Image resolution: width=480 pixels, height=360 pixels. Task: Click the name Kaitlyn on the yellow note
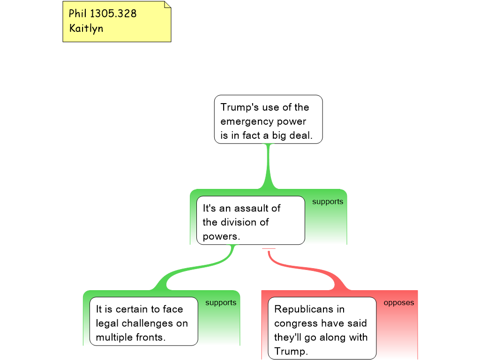pos(86,28)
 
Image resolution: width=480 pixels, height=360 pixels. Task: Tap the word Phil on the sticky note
pos(78,14)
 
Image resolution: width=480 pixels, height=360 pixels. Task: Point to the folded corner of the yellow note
pos(167,5)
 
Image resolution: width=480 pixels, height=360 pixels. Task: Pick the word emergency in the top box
pos(244,122)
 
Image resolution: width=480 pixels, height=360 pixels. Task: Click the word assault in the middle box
pos(257,208)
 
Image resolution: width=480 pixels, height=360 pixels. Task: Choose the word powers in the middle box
pos(221,236)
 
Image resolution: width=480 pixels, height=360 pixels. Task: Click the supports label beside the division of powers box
pos(328,202)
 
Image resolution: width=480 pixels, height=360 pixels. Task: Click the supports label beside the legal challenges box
pos(221,303)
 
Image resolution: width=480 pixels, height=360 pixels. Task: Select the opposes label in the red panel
pos(399,303)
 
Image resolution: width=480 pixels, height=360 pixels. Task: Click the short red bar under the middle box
pos(269,248)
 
